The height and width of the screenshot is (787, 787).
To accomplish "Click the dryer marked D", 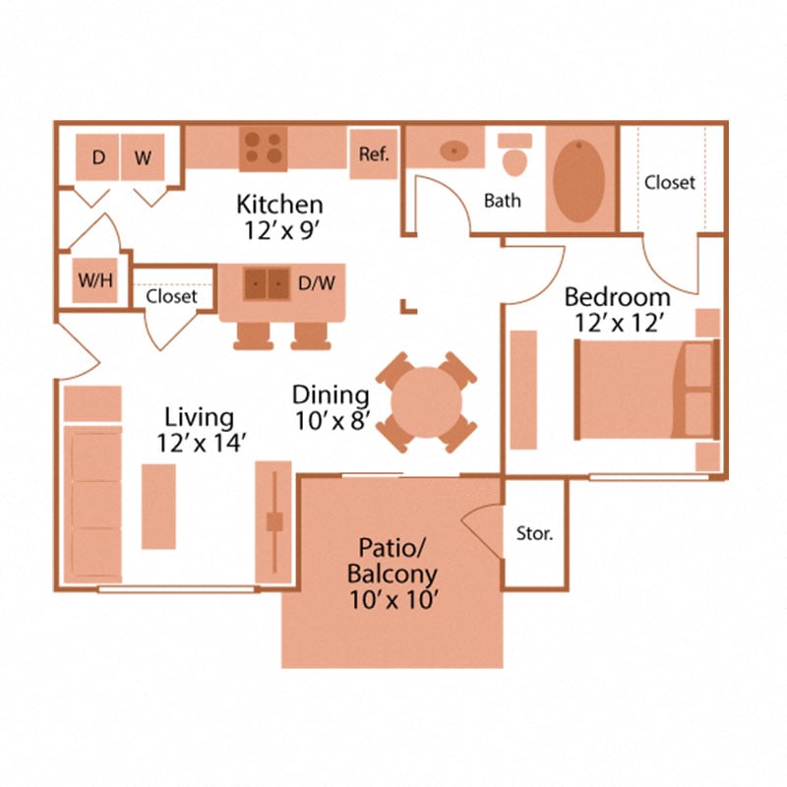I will tap(98, 157).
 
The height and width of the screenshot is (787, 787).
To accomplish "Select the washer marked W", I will tap(143, 157).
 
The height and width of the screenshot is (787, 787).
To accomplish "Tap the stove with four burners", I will tap(263, 147).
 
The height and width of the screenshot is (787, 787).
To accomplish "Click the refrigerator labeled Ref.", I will tap(374, 154).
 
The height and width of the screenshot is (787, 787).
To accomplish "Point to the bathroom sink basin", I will tap(454, 151).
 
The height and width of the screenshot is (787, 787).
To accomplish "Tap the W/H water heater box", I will tap(95, 281).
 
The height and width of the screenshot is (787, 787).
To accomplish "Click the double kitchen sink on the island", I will tap(267, 283).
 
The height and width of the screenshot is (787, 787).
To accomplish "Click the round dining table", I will tap(426, 401).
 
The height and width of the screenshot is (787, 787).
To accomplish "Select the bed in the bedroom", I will tap(644, 390).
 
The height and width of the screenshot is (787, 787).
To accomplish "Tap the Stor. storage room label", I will tap(534, 534).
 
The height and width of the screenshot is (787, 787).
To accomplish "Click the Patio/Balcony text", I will tap(391, 561).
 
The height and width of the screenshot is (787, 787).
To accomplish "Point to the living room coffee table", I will tap(158, 506).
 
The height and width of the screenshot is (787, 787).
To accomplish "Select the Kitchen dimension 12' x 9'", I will tap(279, 229).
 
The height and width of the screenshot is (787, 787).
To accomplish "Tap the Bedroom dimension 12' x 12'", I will tap(617, 320).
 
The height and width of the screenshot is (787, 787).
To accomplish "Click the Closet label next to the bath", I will tap(670, 182).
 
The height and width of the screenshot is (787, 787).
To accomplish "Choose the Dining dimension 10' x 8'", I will tap(331, 421).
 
